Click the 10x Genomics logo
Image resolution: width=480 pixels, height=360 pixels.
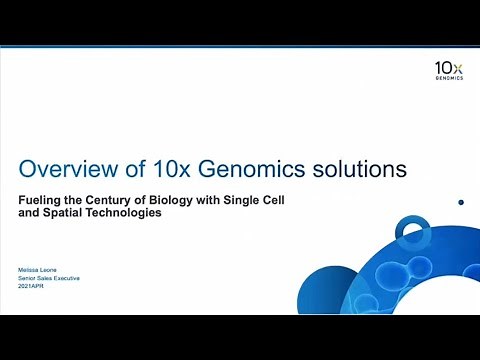(448, 71)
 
